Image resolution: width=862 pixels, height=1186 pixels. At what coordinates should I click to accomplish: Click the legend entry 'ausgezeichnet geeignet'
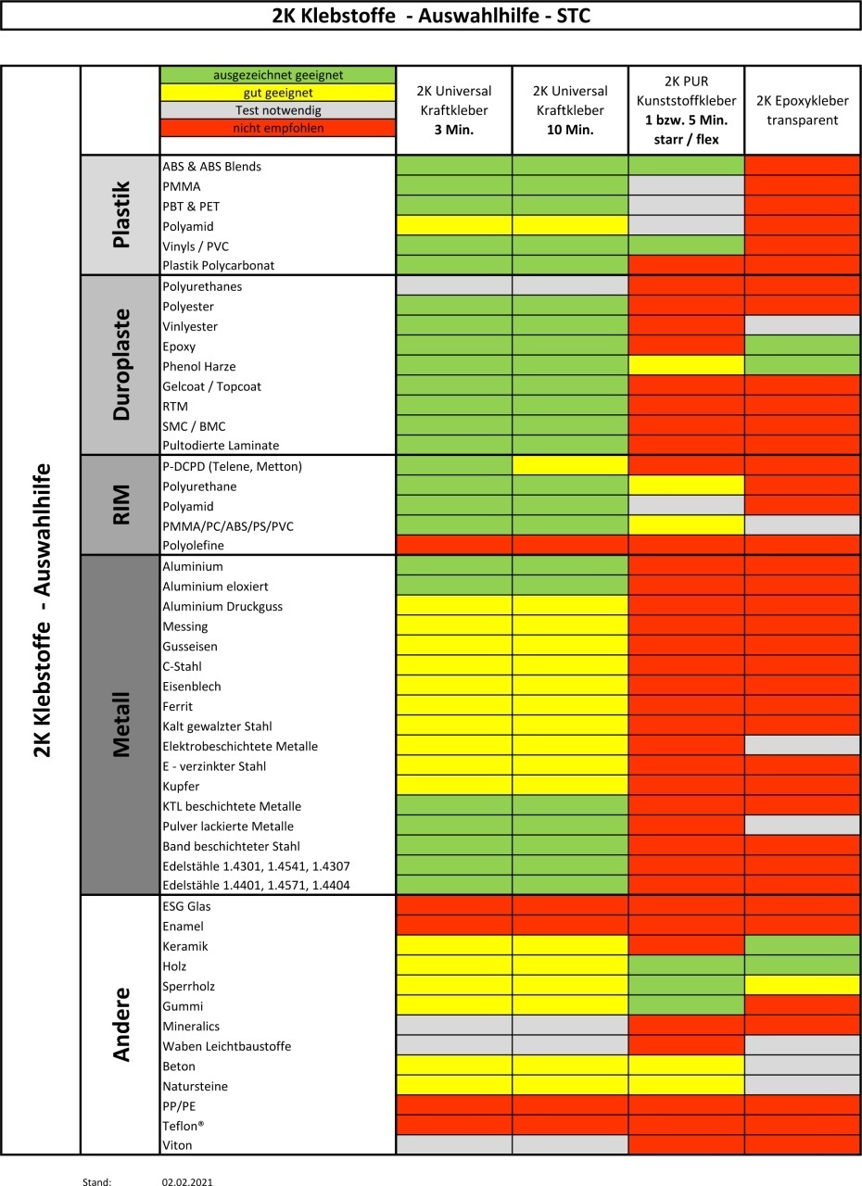click(278, 75)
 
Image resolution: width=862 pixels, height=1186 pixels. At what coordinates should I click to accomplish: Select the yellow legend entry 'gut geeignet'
click(278, 93)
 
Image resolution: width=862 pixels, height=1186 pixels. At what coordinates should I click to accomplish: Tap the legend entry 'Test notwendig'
click(278, 110)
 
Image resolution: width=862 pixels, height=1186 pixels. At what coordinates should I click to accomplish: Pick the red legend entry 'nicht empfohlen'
click(278, 128)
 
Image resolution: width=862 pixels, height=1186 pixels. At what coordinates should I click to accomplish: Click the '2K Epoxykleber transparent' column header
click(803, 110)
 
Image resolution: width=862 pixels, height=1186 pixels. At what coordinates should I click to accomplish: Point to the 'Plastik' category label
click(120, 215)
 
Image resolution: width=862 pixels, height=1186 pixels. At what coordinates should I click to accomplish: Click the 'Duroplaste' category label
click(120, 364)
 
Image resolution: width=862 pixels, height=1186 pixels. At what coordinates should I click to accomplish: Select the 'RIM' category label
click(120, 505)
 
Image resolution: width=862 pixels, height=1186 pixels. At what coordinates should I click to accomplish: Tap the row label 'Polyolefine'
click(194, 546)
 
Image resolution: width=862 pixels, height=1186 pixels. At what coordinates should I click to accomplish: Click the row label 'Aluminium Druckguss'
click(222, 607)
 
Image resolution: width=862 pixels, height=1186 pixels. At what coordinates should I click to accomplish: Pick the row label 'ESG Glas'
click(186, 906)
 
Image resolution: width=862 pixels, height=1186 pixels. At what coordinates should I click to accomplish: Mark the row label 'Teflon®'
click(183, 1126)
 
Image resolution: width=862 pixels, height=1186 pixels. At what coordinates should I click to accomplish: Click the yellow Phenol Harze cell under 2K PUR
click(687, 366)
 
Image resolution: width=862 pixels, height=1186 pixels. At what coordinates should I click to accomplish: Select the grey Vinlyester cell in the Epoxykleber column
click(803, 326)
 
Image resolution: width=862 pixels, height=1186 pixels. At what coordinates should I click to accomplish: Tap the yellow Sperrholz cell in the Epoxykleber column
click(803, 986)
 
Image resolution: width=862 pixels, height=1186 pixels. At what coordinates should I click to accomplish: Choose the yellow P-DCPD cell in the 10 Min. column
click(570, 466)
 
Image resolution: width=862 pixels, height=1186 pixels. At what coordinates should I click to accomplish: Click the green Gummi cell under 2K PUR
click(687, 1006)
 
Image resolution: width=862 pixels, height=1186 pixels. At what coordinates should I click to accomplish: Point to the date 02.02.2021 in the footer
click(187, 1182)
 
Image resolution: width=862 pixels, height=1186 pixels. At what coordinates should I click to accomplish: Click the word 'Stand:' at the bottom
click(96, 1182)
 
